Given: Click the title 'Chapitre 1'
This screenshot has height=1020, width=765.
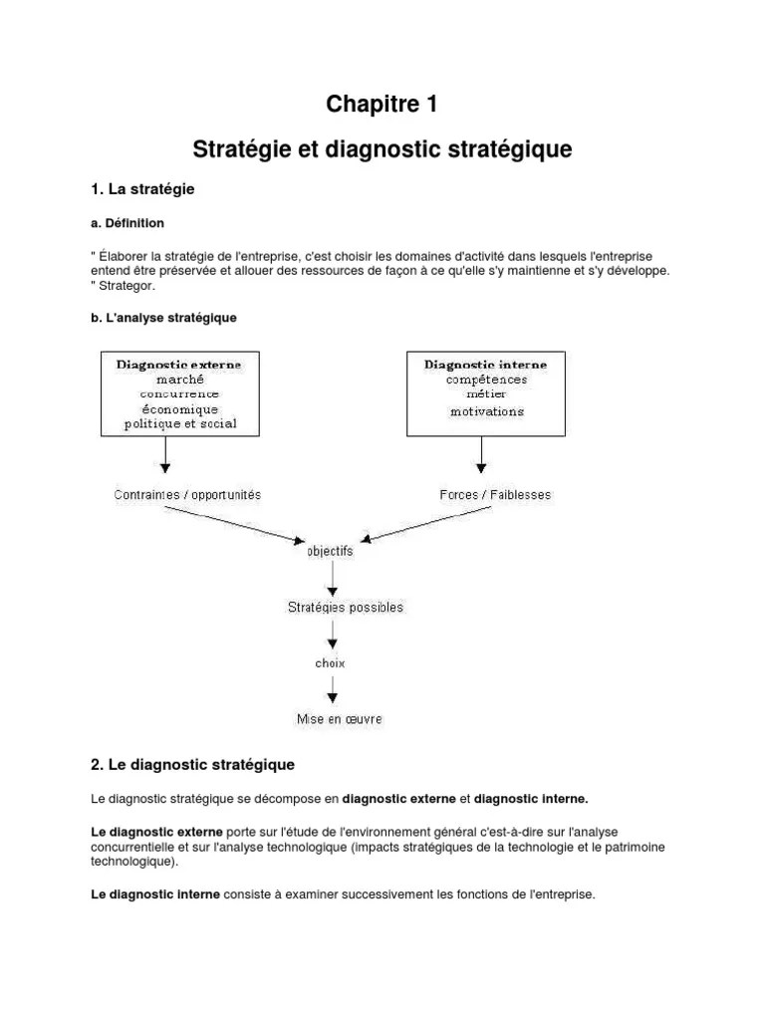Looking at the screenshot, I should [382, 104].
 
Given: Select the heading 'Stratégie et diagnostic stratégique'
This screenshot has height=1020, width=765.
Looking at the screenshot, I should [382, 150].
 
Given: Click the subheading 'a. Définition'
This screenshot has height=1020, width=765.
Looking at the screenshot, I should [127, 223].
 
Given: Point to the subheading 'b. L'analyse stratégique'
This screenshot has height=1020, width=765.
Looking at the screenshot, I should [163, 317].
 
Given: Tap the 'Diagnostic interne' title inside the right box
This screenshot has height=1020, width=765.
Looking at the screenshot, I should [485, 365].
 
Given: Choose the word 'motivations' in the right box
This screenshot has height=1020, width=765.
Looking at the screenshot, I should [486, 410].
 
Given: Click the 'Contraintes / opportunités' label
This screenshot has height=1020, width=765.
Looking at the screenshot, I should [188, 494].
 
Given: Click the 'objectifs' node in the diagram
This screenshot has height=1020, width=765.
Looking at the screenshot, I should [330, 550].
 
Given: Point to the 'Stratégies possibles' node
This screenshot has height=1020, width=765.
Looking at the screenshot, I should [345, 606].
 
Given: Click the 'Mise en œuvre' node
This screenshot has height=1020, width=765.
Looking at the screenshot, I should [339, 717].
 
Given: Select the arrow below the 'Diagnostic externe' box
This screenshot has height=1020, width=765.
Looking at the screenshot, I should [166, 455].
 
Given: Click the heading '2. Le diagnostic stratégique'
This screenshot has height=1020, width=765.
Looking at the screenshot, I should [192, 765].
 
